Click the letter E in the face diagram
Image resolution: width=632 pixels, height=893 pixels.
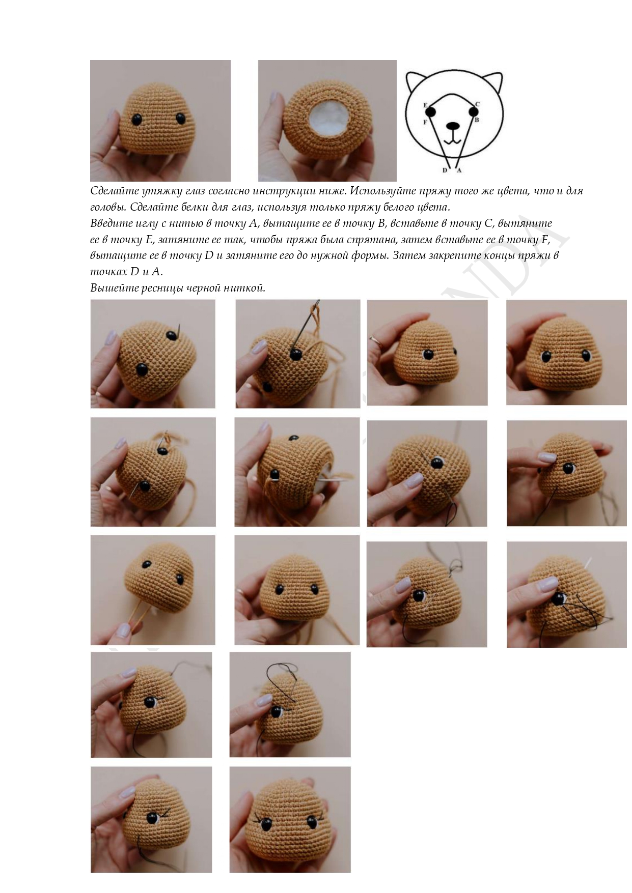click(425, 105)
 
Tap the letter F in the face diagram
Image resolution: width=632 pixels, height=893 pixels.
click(425, 122)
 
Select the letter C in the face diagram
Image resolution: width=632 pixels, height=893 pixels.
click(477, 104)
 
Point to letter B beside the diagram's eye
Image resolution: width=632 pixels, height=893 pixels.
click(477, 120)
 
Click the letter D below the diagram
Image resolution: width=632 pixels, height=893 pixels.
click(445, 170)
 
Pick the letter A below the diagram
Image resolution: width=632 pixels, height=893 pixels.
click(459, 170)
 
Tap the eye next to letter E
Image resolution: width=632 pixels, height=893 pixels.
click(431, 111)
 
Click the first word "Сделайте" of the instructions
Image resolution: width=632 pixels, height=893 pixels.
click(113, 191)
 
